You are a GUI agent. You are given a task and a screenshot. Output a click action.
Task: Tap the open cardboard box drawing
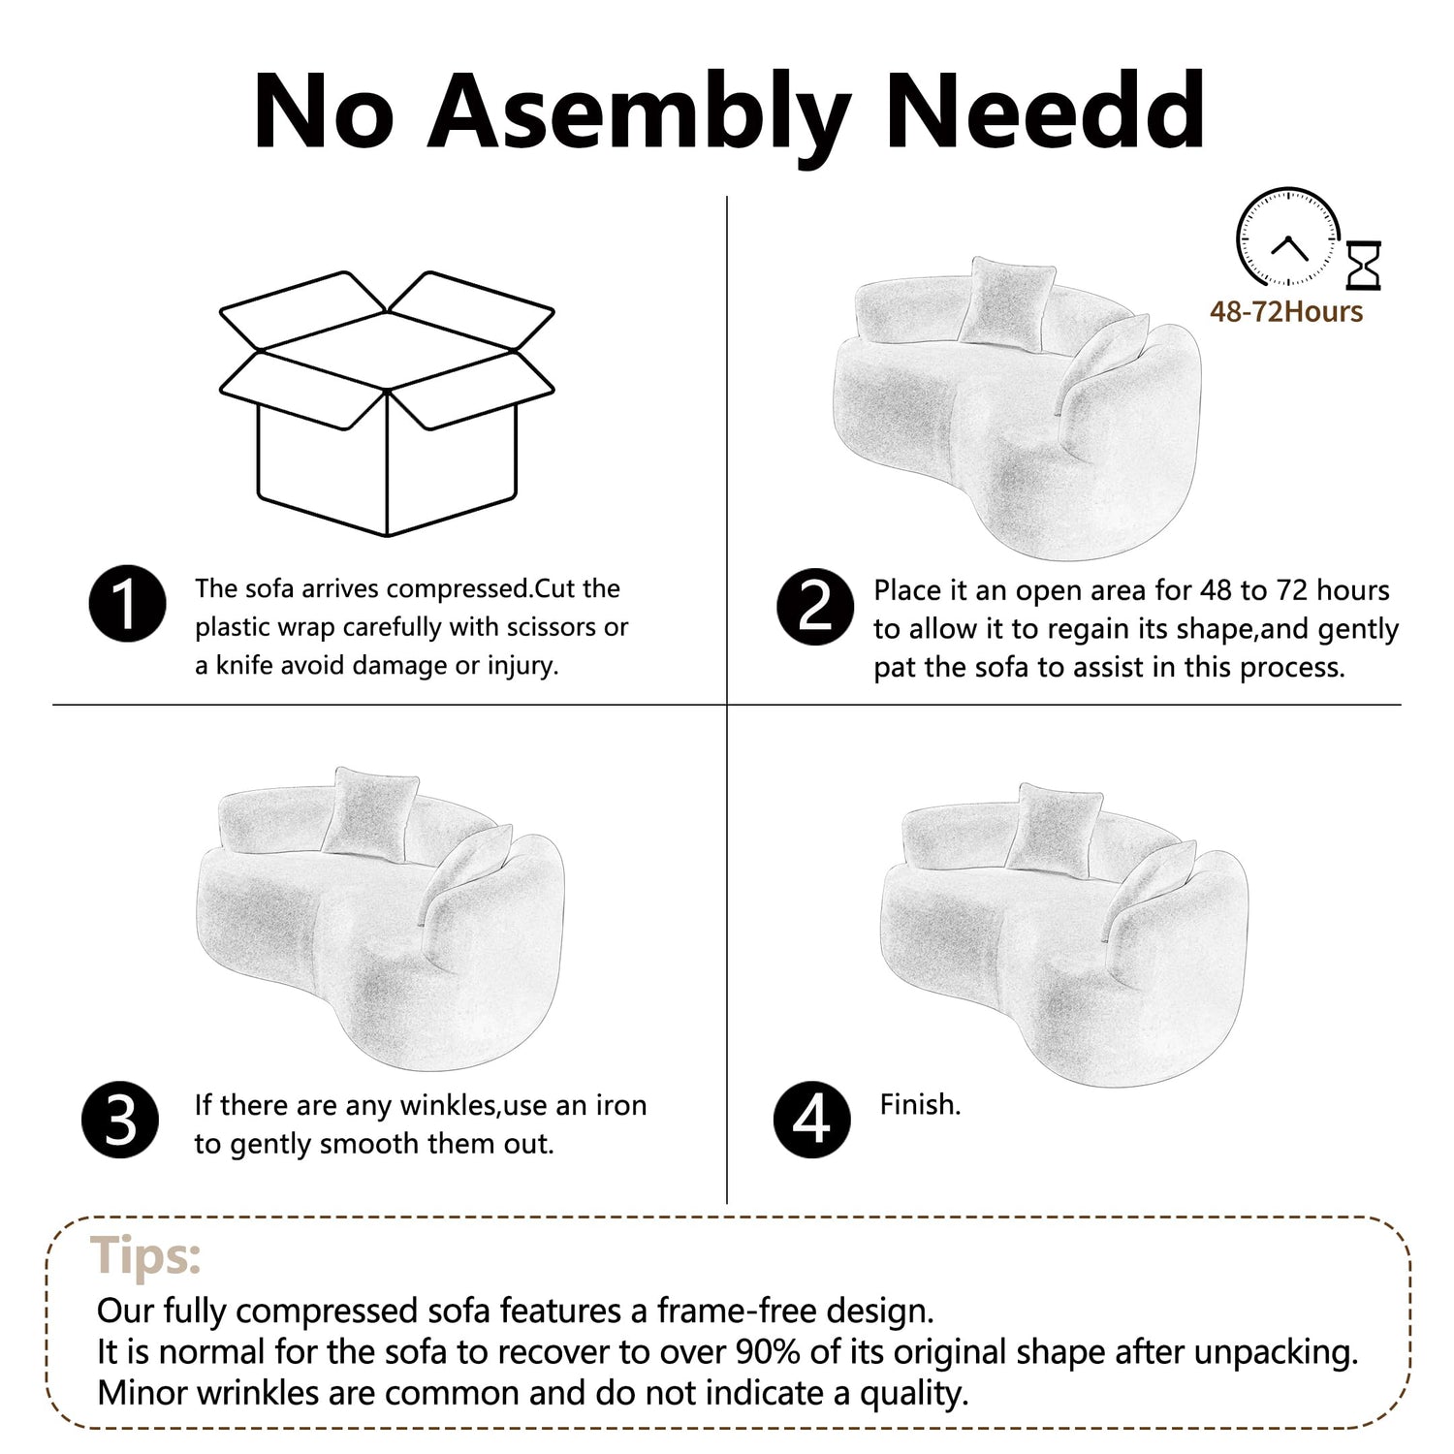click(x=387, y=403)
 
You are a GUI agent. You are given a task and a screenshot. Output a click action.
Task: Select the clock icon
click(x=1287, y=238)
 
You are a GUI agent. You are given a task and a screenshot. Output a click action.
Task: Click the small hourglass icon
click(x=1364, y=266)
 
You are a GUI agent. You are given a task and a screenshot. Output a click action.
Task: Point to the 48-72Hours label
click(x=1285, y=312)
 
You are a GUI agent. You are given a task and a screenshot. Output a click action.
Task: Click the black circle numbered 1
click(x=127, y=604)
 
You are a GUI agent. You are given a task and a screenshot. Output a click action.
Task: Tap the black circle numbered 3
click(x=121, y=1120)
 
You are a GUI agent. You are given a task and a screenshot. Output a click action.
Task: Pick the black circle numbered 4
click(x=811, y=1120)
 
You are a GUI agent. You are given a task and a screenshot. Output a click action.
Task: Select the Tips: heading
click(x=146, y=1257)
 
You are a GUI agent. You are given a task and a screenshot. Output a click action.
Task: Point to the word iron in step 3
click(x=621, y=1105)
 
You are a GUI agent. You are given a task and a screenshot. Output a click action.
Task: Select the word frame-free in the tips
click(x=737, y=1311)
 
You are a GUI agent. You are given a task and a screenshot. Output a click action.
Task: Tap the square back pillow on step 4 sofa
click(x=1054, y=825)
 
